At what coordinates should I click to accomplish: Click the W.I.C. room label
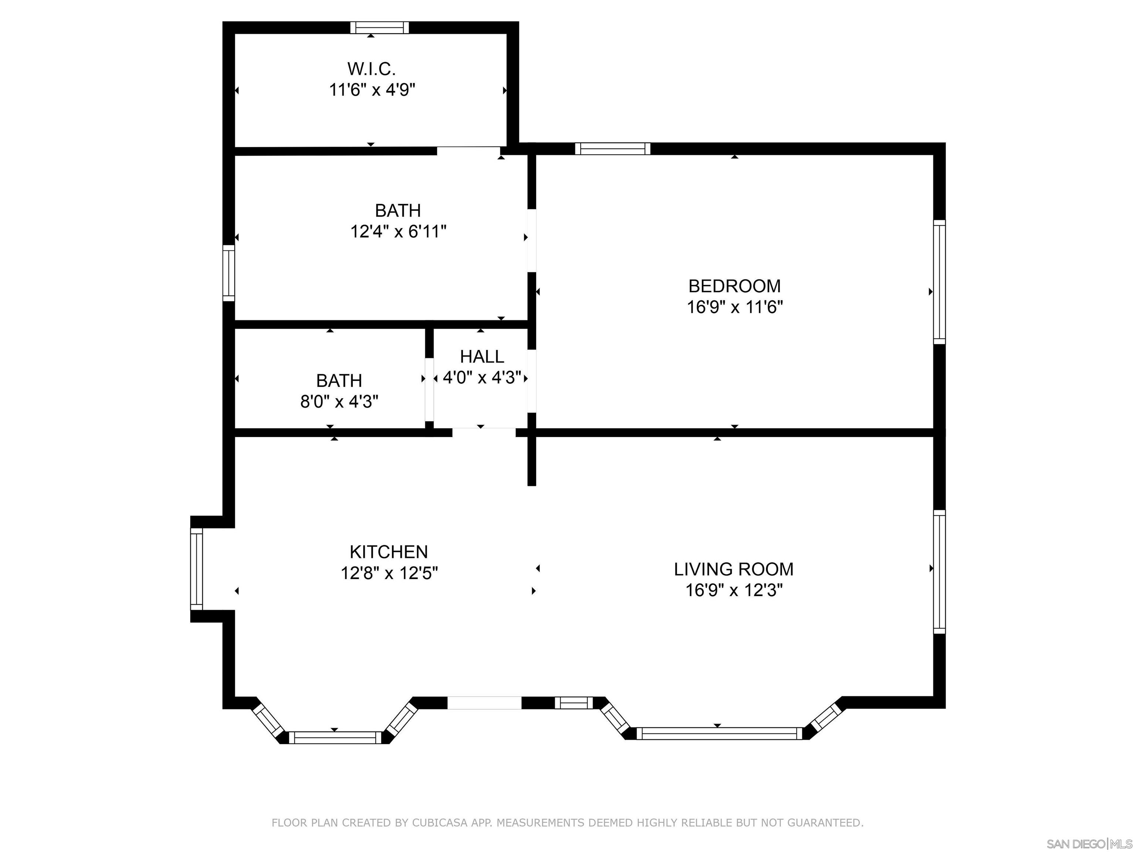(371, 69)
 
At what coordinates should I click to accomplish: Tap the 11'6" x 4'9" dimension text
(372, 90)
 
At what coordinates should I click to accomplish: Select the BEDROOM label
(734, 286)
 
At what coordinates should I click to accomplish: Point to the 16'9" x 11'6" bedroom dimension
(735, 307)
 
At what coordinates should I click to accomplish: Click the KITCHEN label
(389, 552)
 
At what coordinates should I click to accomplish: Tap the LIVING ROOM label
(734, 569)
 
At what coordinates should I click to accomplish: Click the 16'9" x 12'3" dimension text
(734, 591)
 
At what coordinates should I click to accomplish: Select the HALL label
(482, 356)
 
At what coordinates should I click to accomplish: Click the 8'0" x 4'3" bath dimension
(339, 402)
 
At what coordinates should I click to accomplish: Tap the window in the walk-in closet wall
(379, 28)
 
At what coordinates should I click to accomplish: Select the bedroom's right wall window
(939, 282)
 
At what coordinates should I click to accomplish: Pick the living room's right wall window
(939, 572)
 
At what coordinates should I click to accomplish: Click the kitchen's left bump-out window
(197, 569)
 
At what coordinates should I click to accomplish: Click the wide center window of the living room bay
(719, 733)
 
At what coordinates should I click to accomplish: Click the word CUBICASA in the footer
(440, 823)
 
